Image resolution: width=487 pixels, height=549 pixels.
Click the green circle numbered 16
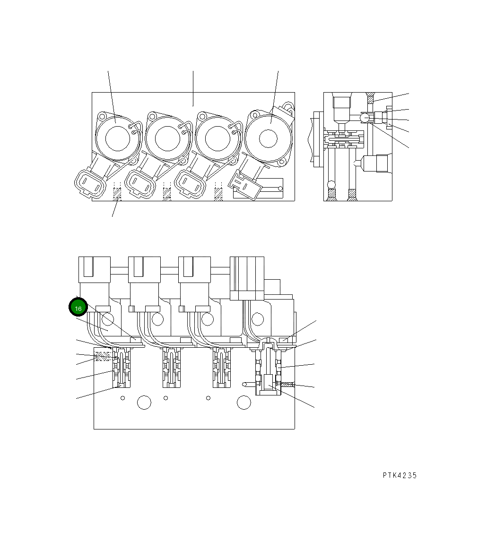tap(78, 308)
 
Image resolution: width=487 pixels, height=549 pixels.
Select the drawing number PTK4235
tap(400, 476)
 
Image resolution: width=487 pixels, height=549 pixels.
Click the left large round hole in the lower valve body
tap(144, 403)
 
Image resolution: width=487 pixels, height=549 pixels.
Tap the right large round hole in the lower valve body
tap(243, 403)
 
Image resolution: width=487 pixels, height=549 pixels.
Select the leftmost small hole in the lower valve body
tap(122, 398)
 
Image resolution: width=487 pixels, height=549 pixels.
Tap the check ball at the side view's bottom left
tap(332, 184)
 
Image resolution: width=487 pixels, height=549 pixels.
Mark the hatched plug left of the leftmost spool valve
tap(103, 357)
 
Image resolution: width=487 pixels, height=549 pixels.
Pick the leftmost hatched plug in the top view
tap(117, 194)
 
